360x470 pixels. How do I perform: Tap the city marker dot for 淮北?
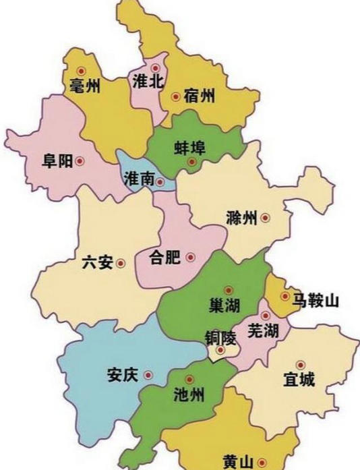[156, 67]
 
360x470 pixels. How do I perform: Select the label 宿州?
[200, 97]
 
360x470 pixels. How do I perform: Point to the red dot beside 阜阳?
[80, 161]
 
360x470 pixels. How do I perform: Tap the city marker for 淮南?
[160, 181]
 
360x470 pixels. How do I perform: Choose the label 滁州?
[242, 218]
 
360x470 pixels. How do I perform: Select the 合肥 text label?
[164, 258]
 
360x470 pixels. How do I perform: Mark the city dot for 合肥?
[190, 257]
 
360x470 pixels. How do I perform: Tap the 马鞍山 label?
[314, 300]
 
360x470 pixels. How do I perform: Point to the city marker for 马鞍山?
[284, 296]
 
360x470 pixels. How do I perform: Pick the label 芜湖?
[263, 331]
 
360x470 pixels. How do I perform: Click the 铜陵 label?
[221, 336]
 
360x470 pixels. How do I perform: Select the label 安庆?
[123, 375]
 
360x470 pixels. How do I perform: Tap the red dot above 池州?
[189, 379]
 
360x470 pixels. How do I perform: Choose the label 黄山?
[238, 462]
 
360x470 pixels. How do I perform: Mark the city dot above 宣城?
[300, 364]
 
